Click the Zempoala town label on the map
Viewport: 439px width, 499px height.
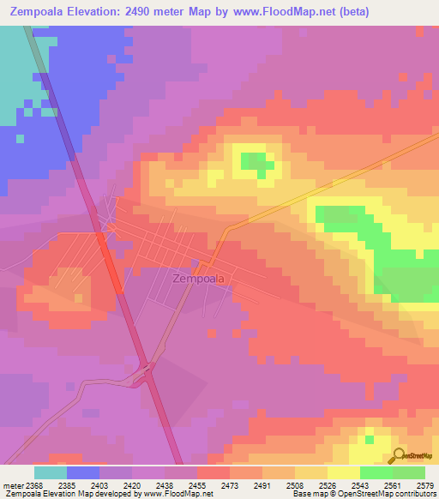[x=199, y=279]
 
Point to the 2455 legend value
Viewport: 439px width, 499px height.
[x=197, y=485]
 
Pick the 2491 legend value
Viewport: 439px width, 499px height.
[x=262, y=485]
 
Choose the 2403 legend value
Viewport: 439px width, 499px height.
[x=99, y=485]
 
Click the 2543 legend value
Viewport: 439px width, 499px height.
[x=360, y=485]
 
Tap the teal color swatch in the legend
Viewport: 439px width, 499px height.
[x=51, y=472]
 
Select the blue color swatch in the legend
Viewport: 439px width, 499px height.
[x=83, y=472]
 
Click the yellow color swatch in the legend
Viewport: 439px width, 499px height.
[x=343, y=472]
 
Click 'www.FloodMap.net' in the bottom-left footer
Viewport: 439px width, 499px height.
[x=170, y=494]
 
